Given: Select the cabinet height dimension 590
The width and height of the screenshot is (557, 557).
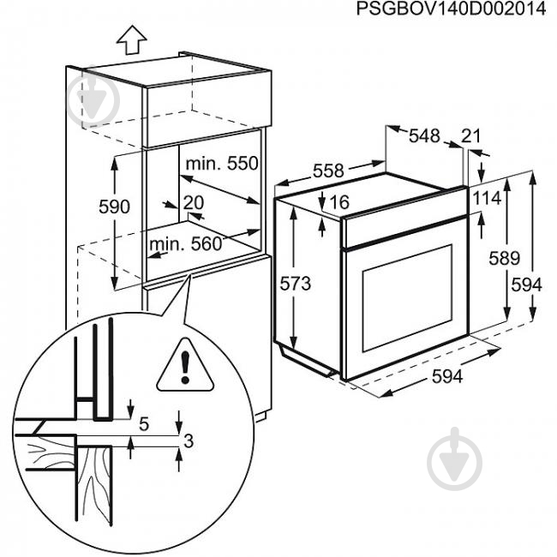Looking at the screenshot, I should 113,207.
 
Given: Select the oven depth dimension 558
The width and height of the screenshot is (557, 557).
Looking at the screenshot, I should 327,171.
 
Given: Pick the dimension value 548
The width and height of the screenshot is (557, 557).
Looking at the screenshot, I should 423,135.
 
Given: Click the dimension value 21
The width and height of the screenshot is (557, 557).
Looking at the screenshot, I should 471,135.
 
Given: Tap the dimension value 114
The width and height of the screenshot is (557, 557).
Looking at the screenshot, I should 486,198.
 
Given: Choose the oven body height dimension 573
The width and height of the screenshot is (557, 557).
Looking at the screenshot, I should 295,283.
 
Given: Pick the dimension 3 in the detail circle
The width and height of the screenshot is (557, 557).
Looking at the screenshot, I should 190,441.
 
